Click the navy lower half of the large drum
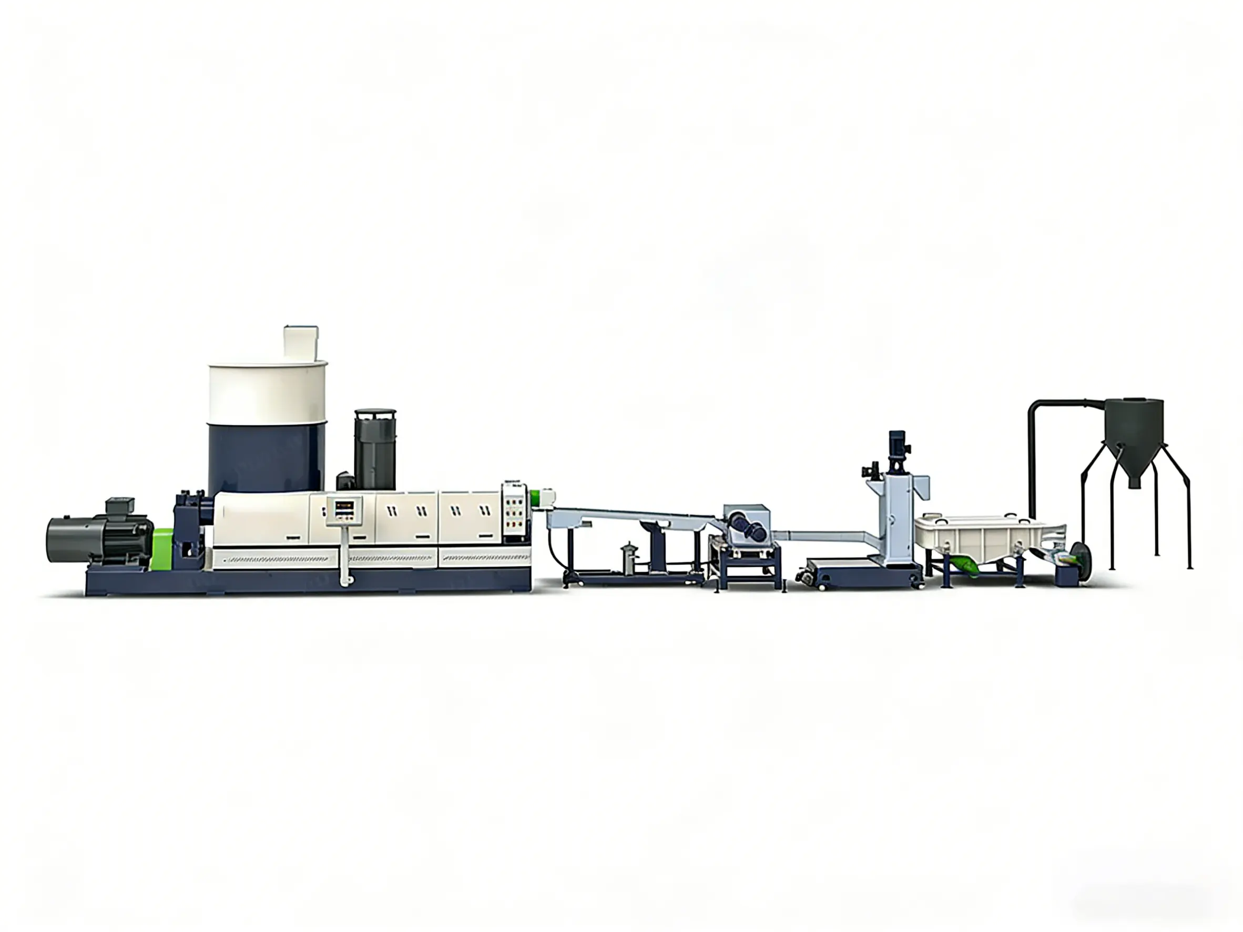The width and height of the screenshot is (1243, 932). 267,458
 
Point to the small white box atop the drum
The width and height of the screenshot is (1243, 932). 301,342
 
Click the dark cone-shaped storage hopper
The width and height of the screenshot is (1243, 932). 1134,435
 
